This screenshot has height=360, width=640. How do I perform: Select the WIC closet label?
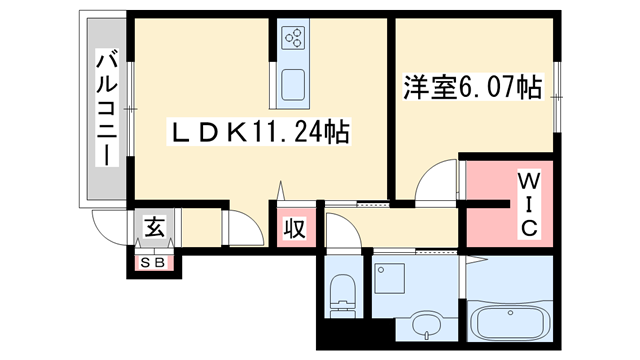(528, 204)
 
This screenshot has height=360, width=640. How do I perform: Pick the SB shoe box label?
(156, 263)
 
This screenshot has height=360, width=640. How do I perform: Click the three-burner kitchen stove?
(295, 39)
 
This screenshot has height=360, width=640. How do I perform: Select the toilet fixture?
(341, 291)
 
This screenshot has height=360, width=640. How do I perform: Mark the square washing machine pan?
(389, 276)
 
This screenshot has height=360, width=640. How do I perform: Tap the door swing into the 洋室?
(436, 182)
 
